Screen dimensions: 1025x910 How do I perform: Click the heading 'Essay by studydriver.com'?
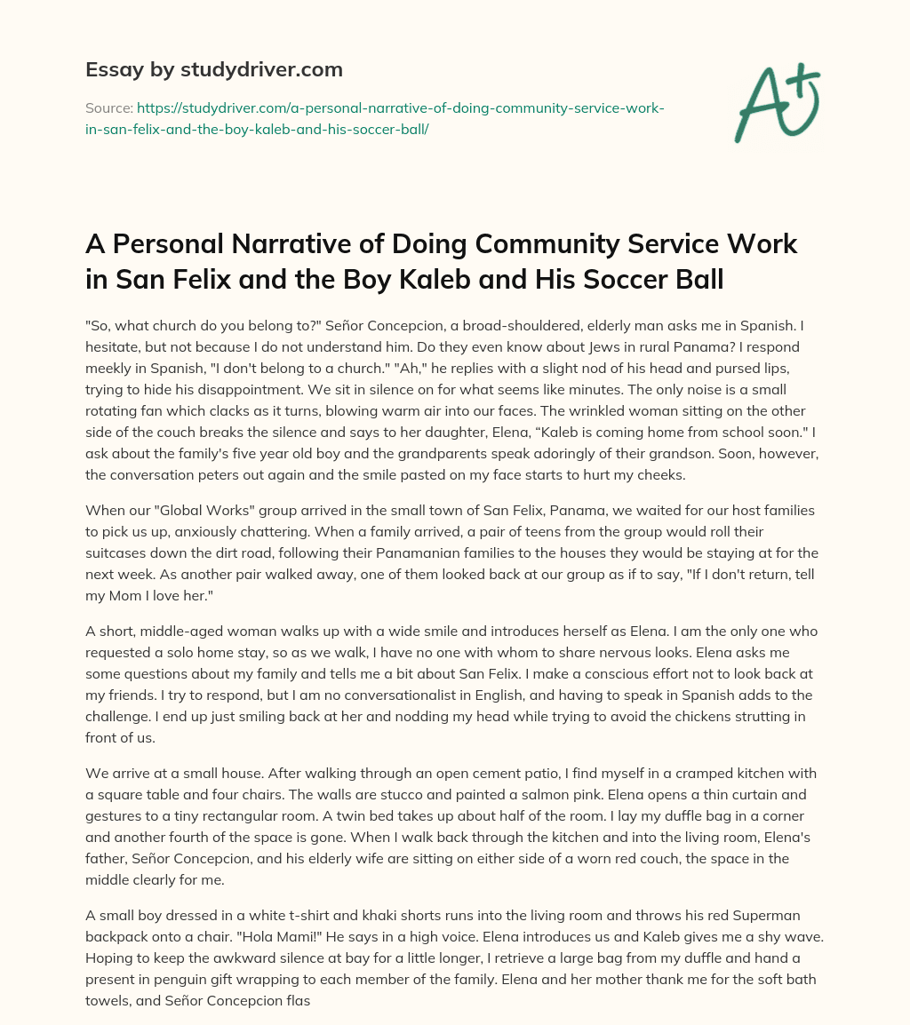214,68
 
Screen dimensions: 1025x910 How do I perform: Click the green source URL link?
373,117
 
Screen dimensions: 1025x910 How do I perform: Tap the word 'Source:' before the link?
108,107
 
